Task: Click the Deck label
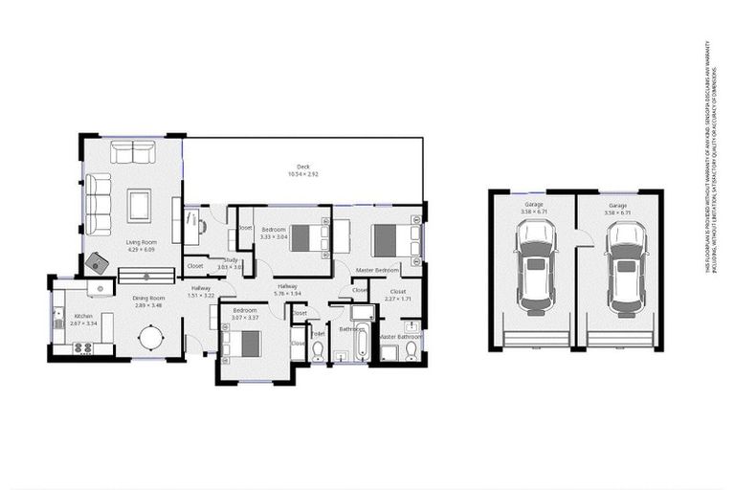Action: (302, 167)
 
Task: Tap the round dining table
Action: (151, 339)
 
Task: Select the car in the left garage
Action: (535, 267)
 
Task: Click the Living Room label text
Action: (141, 242)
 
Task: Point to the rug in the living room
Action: (140, 205)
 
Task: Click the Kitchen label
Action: (84, 316)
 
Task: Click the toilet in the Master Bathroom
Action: (411, 351)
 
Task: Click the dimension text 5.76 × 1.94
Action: (288, 293)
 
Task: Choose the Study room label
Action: (231, 260)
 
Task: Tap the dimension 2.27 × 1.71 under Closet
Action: (397, 299)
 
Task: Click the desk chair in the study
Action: (202, 226)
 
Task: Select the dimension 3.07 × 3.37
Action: (245, 317)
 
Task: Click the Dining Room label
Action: (148, 298)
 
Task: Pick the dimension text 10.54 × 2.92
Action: (302, 174)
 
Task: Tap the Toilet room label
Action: (319, 334)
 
